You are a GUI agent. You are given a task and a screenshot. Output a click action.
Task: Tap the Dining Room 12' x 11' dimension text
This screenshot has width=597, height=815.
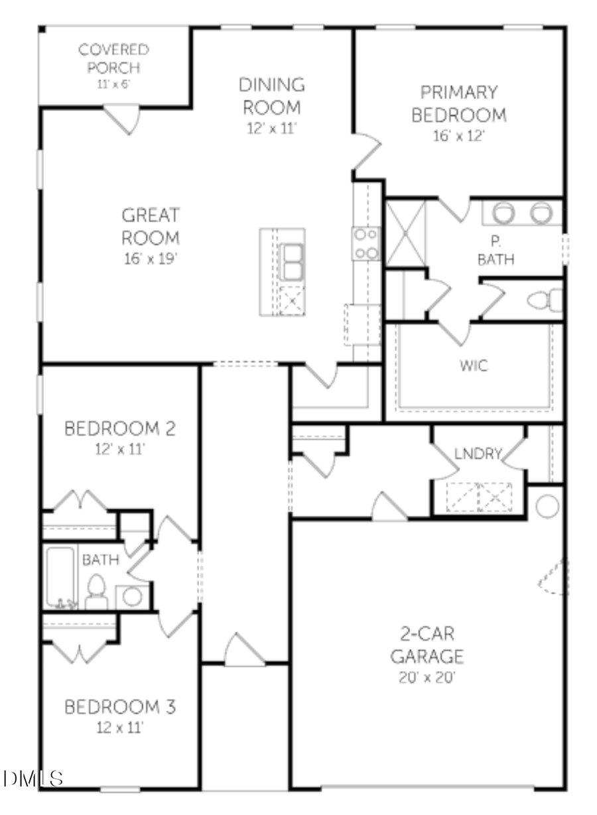tap(271, 127)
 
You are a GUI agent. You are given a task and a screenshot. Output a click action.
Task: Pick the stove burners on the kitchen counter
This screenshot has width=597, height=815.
tap(366, 243)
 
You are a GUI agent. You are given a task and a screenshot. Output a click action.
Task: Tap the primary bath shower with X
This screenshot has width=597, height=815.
tap(406, 232)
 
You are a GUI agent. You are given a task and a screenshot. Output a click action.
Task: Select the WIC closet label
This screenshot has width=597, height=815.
tap(473, 365)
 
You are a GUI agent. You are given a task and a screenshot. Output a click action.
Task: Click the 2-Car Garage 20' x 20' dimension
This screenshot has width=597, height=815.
tap(426, 678)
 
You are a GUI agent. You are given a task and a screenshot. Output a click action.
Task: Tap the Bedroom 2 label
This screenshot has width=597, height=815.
tap(120, 428)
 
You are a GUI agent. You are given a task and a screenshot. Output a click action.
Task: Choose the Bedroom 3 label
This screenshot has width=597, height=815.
tap(120, 707)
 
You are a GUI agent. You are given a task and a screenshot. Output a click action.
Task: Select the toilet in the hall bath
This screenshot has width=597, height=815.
tap(97, 590)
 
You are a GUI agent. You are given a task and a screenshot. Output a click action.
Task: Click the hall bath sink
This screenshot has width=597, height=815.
tap(133, 596)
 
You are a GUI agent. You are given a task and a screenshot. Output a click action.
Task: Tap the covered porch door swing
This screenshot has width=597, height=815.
tap(123, 120)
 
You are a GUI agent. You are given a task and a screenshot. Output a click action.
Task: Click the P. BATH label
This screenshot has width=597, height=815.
tap(496, 251)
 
